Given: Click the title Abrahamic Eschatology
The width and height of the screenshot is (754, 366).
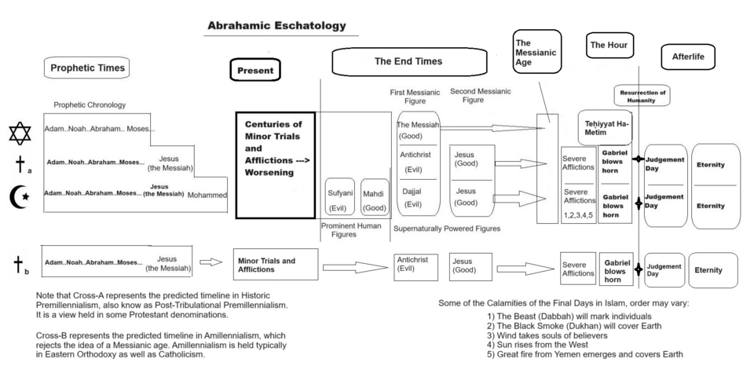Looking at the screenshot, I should point(276,26).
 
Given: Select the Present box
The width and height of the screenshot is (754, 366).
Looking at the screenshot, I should point(255,70).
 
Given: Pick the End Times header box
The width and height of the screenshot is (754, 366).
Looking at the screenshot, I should point(408,61).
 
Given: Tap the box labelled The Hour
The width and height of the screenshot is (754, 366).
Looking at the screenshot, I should point(609,45).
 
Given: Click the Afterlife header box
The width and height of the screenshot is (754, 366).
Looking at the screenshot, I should point(689,57).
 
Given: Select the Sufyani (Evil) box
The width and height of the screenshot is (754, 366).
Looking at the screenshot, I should point(340,199).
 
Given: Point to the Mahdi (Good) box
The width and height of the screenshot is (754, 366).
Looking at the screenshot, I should point(375,199).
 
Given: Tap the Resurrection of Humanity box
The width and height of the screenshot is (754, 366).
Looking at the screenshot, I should point(642,96).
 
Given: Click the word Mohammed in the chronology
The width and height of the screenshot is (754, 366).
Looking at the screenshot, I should point(207,195).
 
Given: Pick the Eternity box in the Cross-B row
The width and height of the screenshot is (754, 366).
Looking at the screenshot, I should point(713,269).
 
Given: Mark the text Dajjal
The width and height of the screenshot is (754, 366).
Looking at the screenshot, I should point(413,191).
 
